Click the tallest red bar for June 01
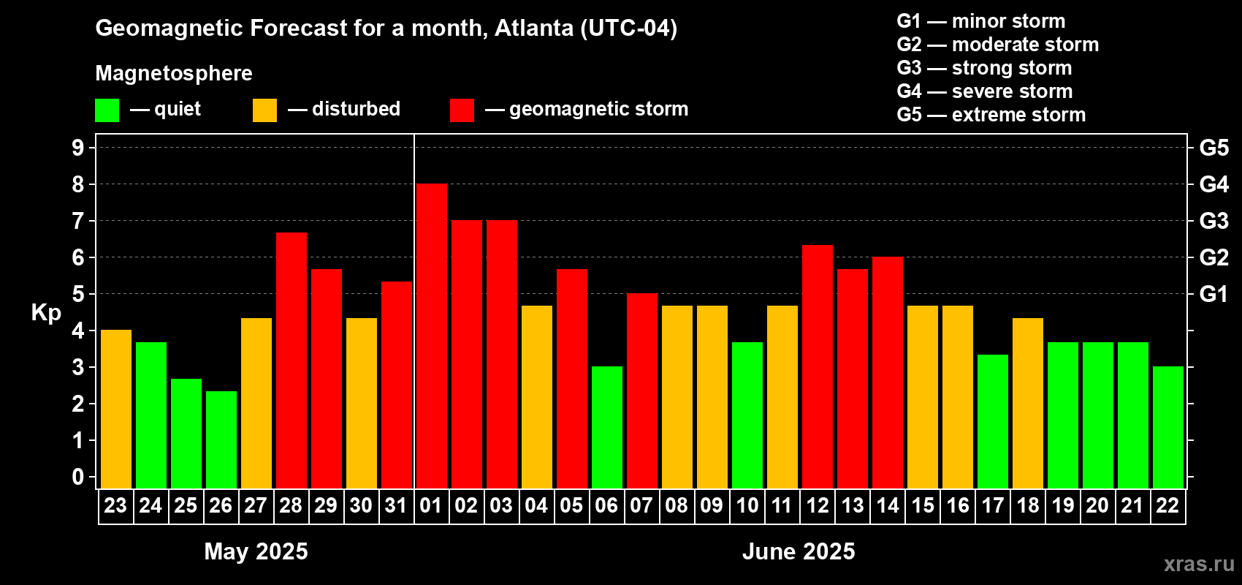coord(431,336)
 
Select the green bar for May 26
coord(221,439)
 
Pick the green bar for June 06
coord(606,427)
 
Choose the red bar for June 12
coord(817,366)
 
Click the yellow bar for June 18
coord(1027,403)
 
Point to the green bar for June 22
coord(1167,427)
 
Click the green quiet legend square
coord(107,110)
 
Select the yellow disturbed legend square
coord(264,110)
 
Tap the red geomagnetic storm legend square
coord(462,110)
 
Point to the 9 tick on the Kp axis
coord(78,148)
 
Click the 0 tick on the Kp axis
coord(78,478)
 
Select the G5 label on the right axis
coord(1214,148)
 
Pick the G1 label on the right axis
coord(1214,294)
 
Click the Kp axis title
coord(46,312)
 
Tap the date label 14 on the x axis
coord(887,505)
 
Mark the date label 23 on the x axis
coord(115,505)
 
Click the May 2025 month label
coord(256,551)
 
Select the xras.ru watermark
coord(1198,564)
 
